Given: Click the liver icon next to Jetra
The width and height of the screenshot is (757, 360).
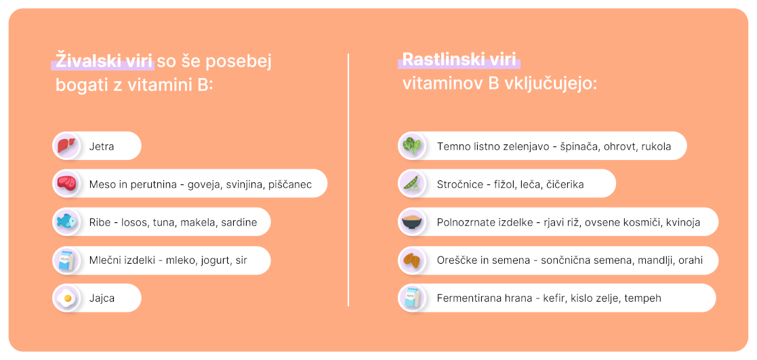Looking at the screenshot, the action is coord(66,146).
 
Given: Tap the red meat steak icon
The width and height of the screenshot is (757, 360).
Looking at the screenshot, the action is coord(66,184).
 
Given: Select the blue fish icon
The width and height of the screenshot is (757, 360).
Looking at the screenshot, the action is coord(66,222).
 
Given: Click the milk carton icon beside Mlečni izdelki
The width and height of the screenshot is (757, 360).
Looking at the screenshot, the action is coord(66,260).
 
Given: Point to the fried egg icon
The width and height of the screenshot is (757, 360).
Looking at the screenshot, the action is coord(66,298).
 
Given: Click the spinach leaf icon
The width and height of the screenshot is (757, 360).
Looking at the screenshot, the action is coord(412,146).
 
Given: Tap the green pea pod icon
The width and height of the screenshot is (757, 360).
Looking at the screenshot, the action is coord(412,184).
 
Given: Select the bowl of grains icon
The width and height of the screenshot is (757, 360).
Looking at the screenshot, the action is coord(412,222).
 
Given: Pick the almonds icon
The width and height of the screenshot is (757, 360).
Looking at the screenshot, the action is coord(412,260).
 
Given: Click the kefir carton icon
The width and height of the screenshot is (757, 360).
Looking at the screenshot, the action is coord(412,298).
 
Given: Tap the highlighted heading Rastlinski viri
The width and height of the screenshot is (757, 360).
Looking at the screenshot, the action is coord(459,60).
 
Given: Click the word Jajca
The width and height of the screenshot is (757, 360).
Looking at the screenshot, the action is coord(102,298).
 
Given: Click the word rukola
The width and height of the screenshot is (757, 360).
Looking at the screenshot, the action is coord(656,146).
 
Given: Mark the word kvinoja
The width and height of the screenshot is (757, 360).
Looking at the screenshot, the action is coord(683,223).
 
